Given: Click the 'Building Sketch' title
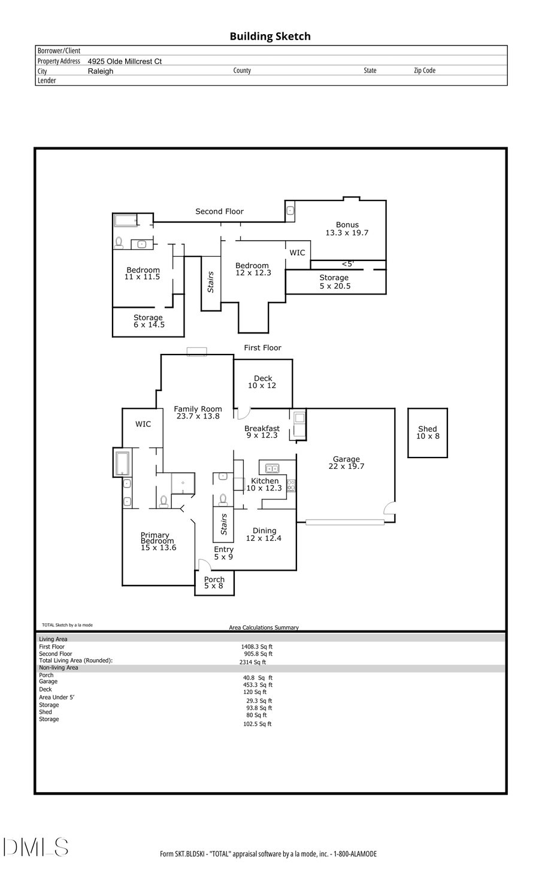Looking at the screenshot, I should click(270, 37).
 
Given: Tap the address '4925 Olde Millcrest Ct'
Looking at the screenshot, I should click(125, 61).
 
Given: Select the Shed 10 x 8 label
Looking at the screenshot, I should click(428, 432).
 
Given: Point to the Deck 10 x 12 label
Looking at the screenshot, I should click(262, 382).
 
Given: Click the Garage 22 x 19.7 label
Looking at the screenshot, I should click(346, 463).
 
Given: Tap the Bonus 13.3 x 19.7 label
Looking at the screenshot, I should click(347, 229).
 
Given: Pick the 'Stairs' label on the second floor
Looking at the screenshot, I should click(211, 282).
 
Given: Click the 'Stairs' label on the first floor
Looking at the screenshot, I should click(224, 524).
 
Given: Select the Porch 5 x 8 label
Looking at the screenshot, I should click(214, 583).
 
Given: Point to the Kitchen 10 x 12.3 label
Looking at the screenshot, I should click(264, 484).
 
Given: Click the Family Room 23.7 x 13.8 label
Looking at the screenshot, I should click(198, 413).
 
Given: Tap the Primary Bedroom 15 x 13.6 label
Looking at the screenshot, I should click(158, 541).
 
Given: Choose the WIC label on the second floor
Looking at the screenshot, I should click(297, 253).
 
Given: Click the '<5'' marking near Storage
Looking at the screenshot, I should click(347, 263).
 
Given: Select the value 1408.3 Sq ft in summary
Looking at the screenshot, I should click(258, 647).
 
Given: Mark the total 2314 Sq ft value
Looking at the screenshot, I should click(253, 662).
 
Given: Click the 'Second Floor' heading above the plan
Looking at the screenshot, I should click(219, 211).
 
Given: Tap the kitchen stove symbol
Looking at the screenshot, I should click(291, 486).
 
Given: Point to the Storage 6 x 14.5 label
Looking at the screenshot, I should click(149, 321).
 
